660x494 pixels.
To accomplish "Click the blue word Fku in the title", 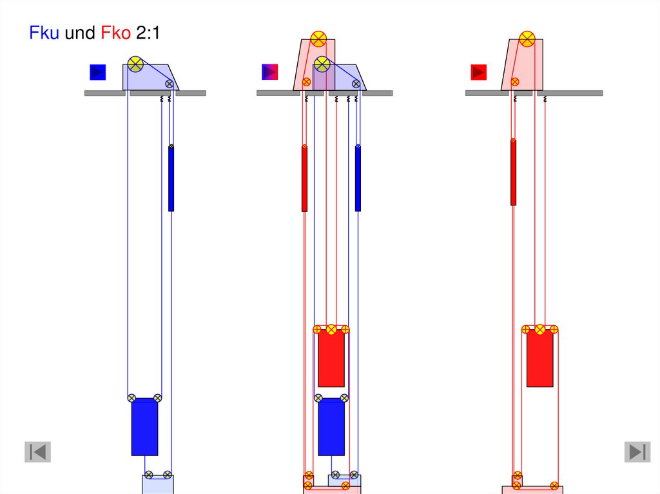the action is (44, 33).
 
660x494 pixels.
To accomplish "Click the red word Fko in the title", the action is (116, 33).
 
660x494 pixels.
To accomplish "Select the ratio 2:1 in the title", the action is (148, 33).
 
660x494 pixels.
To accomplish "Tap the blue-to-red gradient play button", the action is (270, 72).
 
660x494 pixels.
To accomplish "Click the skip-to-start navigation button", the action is (38, 452).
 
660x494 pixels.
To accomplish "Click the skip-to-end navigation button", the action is (637, 452).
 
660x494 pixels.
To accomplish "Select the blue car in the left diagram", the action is (145, 426).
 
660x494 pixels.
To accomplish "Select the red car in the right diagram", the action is (540, 358).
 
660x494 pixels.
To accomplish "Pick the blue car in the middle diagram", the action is (331, 426).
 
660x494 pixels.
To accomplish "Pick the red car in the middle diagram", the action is (331, 358).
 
